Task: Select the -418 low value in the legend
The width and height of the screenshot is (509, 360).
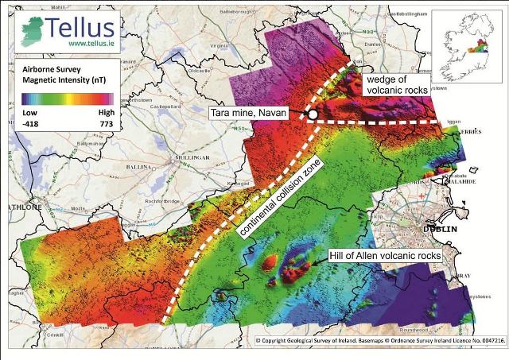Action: click(31, 124)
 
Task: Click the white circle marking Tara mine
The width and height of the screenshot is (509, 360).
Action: click(313, 115)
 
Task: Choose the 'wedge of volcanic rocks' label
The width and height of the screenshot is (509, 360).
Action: click(401, 84)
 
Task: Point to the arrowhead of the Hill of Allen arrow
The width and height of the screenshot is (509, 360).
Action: click(305, 265)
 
